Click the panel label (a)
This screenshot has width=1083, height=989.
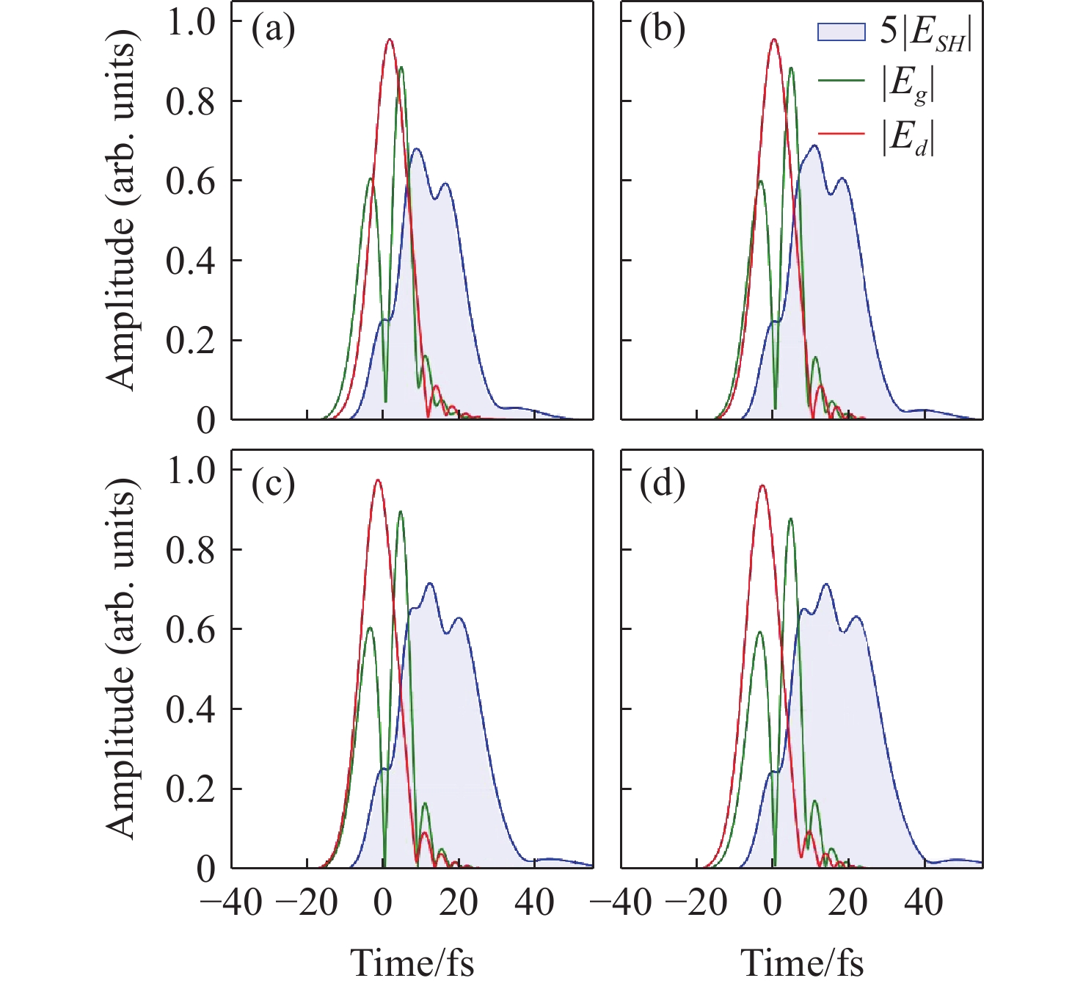click(x=273, y=31)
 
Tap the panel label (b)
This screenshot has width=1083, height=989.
click(x=662, y=31)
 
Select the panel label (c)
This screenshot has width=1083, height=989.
click(x=273, y=485)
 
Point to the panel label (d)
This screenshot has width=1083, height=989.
click(x=662, y=485)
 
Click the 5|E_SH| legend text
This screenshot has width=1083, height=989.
click(x=927, y=32)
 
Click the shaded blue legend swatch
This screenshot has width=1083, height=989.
click(x=841, y=32)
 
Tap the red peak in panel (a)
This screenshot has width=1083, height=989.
click(x=390, y=40)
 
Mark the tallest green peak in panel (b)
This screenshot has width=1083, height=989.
click(x=791, y=68)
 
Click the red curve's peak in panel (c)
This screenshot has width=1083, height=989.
click(x=378, y=480)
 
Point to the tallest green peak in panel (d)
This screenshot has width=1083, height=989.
click(x=790, y=519)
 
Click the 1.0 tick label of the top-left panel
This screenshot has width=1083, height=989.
click(x=191, y=22)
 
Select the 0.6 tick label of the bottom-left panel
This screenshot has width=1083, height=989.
click(x=191, y=630)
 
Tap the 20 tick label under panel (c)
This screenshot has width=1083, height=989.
click(x=459, y=902)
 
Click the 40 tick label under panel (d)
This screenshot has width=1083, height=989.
click(x=923, y=902)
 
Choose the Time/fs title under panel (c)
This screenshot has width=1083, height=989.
click(x=412, y=963)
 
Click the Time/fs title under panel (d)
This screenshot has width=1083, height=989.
click(x=802, y=963)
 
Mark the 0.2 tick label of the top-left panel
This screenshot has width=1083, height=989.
click(x=191, y=341)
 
